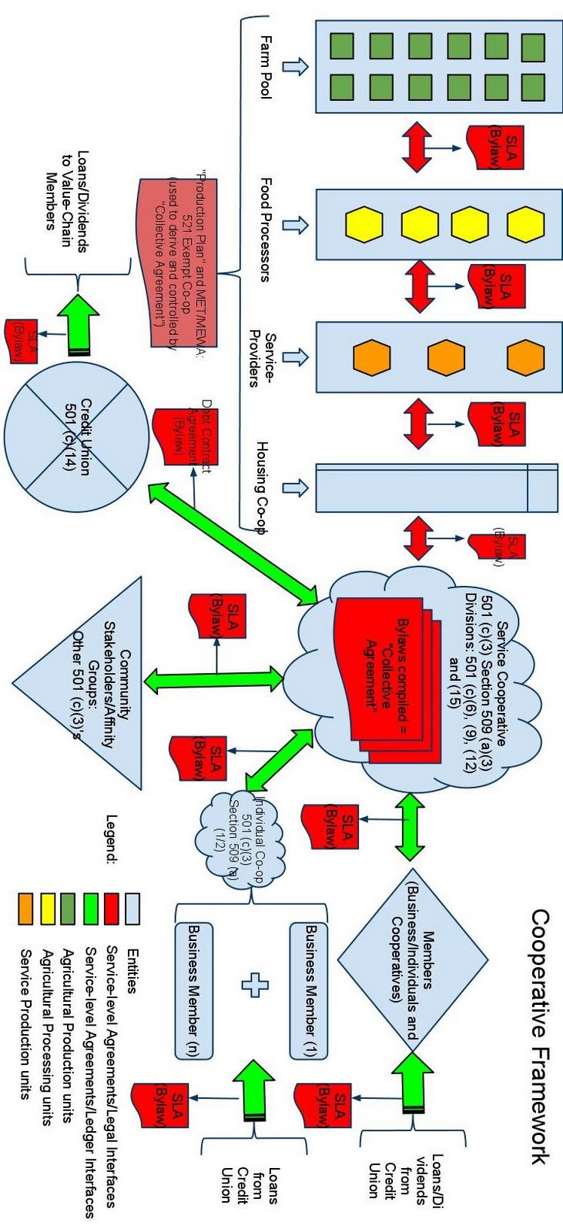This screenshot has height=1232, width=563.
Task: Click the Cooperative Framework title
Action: [x=540, y=1036]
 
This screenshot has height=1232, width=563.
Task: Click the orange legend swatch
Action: [x=25, y=909]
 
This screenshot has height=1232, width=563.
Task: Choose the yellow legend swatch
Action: [x=47, y=909]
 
